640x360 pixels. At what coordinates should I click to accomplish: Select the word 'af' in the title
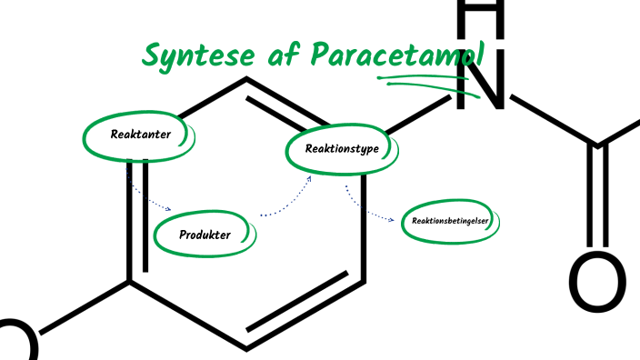[275, 55]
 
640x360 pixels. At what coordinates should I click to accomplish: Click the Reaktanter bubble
[139, 135]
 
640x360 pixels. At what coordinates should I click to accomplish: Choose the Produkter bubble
[205, 235]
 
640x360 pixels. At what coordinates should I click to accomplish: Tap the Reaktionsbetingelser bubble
[451, 221]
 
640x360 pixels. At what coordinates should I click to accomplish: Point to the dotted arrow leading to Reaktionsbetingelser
[368, 212]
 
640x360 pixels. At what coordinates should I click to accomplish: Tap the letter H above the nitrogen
[479, 14]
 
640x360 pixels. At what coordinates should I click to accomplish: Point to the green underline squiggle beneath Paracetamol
[427, 84]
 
